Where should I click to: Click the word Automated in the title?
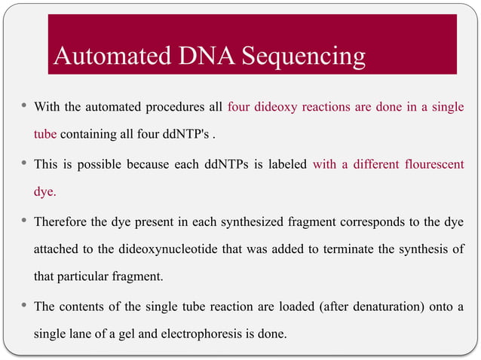pyautogui.click(x=106, y=56)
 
